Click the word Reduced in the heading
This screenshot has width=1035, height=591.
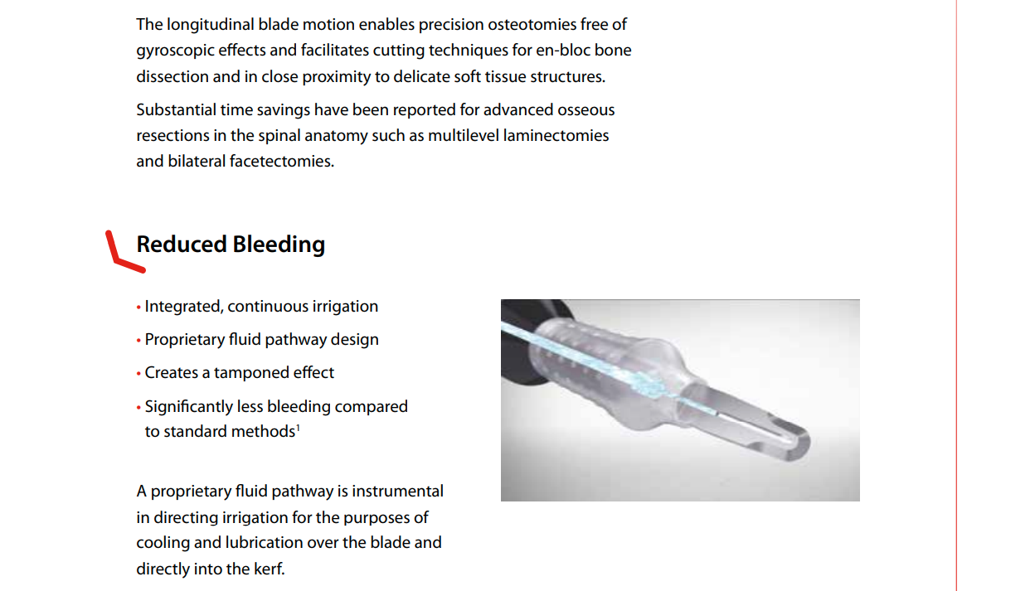coord(181,245)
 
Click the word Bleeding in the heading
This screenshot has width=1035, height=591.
coord(279,245)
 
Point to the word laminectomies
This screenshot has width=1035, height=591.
coord(556,136)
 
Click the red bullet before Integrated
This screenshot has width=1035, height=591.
coord(138,307)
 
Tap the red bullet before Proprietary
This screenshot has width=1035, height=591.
coord(138,341)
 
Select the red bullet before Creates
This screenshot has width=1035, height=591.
coord(138,374)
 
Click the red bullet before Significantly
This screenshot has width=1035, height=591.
coord(138,407)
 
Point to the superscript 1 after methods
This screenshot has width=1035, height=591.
coord(298,428)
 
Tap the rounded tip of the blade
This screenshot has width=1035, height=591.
coord(802,443)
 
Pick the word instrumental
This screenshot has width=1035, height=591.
coord(397,492)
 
